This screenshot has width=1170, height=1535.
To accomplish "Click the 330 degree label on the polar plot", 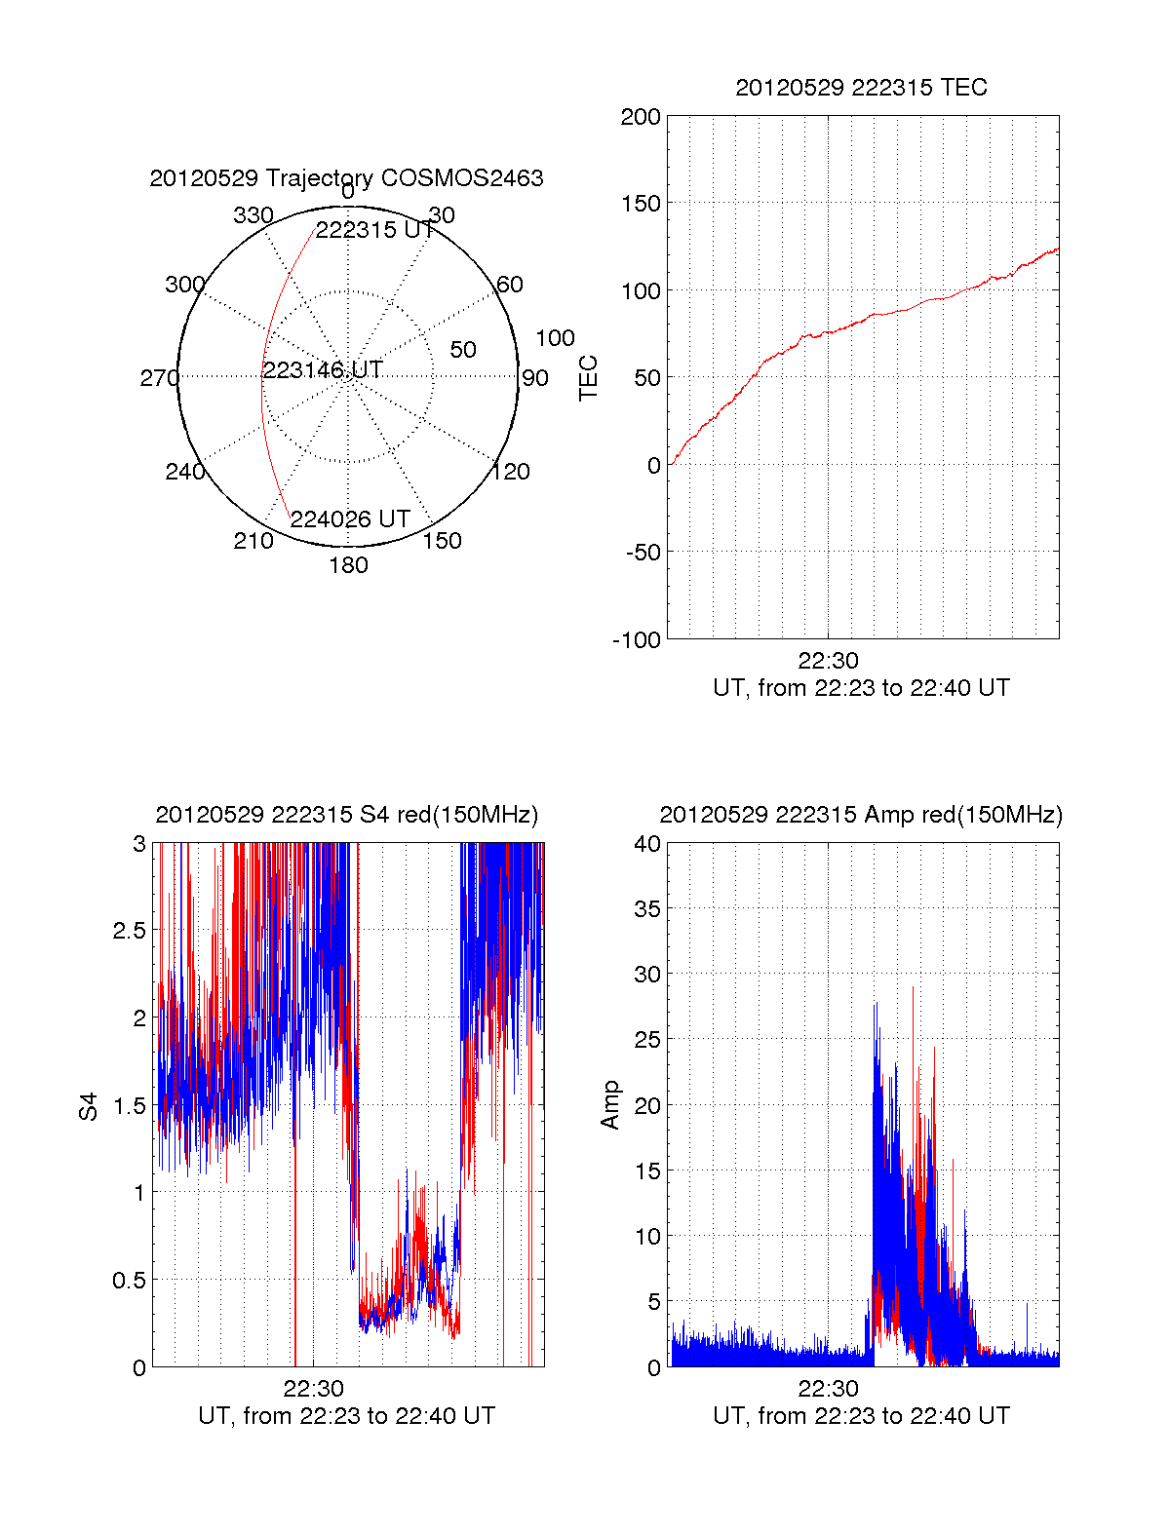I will (x=253, y=215).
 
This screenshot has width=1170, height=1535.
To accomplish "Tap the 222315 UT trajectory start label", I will (x=375, y=230).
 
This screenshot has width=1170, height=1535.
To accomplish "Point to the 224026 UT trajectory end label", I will (x=350, y=519).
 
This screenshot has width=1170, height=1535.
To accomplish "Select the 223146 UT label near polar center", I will (x=323, y=370).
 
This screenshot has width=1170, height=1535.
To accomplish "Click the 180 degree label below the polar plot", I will (x=348, y=565).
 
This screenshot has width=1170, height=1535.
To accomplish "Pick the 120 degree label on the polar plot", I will (x=510, y=472).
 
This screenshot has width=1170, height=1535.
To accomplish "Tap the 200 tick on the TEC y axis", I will (x=641, y=118).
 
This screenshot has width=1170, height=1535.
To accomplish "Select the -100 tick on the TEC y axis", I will (x=637, y=640).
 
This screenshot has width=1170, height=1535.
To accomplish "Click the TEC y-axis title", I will (x=588, y=378).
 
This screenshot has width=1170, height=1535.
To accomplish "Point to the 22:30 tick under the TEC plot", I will (x=828, y=661).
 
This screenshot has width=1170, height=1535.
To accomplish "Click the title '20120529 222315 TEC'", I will (x=861, y=88).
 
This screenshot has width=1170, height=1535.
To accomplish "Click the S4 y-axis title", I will (x=89, y=1106).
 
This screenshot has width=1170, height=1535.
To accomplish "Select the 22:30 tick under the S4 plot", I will (x=313, y=1388).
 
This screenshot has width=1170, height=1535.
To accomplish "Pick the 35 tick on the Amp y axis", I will (x=647, y=909).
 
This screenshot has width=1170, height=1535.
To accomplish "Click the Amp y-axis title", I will (x=610, y=1105).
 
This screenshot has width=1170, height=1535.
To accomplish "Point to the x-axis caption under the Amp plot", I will (x=861, y=1416).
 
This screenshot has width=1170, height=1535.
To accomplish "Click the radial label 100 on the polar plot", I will (x=555, y=338).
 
